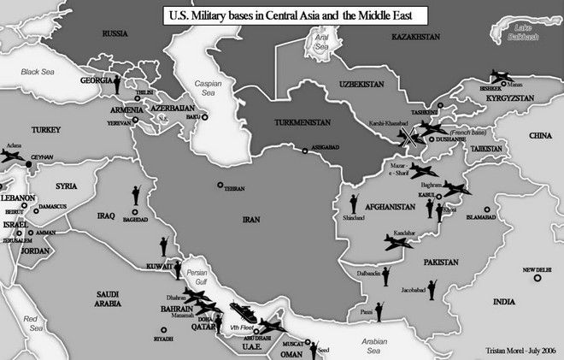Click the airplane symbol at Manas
[501, 77]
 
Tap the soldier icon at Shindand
[352, 204]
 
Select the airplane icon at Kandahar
[399, 242]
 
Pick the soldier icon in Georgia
[117, 84]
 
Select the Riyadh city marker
[161, 329]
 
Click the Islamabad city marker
[487, 209]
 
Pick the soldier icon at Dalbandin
[385, 275]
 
